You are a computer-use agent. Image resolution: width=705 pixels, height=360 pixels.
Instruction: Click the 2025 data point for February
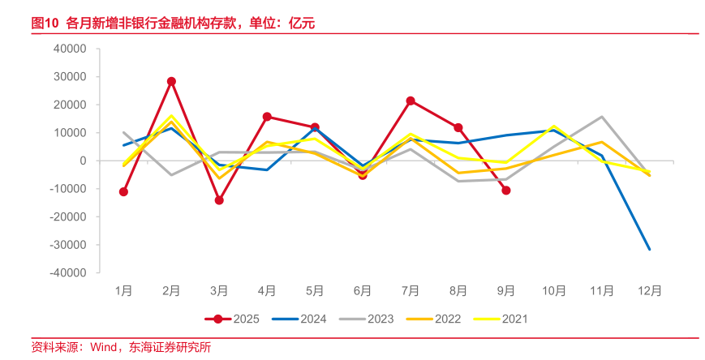pos(171,81)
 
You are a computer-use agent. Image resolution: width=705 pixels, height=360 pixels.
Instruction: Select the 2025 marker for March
pos(219,200)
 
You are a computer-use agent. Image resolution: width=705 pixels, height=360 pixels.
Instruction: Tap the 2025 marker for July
pos(411,101)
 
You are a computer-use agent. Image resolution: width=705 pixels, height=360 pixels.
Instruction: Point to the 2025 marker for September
pos(506,191)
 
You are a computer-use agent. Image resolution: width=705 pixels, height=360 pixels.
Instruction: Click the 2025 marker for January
pos(123,192)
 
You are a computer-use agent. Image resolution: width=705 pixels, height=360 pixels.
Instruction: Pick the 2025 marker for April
pos(267,117)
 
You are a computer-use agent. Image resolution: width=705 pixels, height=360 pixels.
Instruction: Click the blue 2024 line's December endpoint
pos(649,250)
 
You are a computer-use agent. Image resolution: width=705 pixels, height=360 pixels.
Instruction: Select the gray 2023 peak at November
pos(601,117)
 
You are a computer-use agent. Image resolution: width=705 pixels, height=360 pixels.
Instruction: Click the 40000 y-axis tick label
pos(70,49)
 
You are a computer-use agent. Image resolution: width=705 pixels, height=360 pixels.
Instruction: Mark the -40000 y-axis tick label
pos(68,273)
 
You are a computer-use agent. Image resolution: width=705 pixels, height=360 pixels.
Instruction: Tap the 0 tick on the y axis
pos(84,161)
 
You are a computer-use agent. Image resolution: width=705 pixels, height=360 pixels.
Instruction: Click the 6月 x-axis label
pos(363,291)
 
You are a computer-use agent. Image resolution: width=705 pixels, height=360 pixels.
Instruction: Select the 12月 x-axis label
pos(649,291)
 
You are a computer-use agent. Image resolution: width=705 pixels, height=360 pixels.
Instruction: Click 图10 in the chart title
pos(45,23)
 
